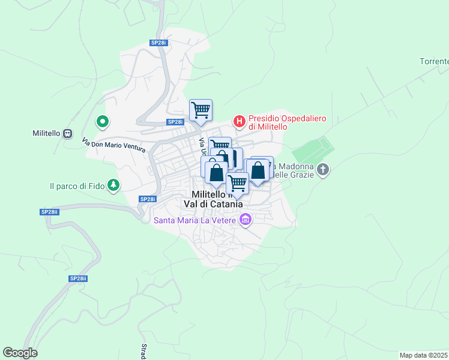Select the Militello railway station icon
pos(67,133)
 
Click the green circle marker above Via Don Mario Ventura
pos(103,122)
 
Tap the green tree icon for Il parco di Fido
pos(113,186)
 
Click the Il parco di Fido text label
pos(77,187)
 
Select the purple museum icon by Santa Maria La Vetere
pos(244,220)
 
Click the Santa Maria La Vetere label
pos(195,220)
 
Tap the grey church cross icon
pos(323,170)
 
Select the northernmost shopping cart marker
pos(200,110)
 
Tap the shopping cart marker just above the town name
pos(238,182)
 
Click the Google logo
pos(20,353)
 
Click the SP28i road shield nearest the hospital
pos(175,122)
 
